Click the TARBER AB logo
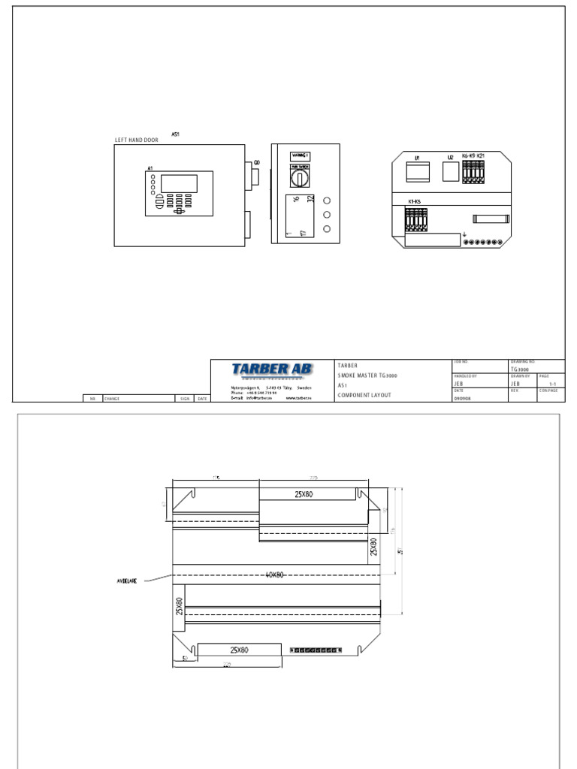click(x=272, y=369)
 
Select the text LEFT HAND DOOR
click(x=136, y=140)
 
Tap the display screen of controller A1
click(x=179, y=183)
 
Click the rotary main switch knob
click(x=301, y=179)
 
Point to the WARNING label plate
click(x=301, y=155)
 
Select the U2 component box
click(x=450, y=173)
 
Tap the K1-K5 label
click(x=415, y=202)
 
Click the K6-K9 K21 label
click(x=473, y=156)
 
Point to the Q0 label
click(x=257, y=161)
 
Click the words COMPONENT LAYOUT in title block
click(x=364, y=395)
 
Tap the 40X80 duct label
click(x=274, y=575)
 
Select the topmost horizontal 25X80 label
click(x=309, y=494)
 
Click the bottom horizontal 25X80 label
click(x=240, y=650)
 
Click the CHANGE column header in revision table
click(x=112, y=399)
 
